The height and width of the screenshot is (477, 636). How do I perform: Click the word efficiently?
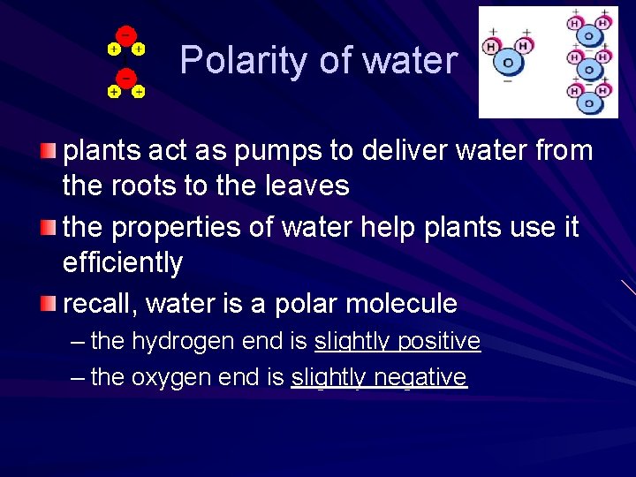123,262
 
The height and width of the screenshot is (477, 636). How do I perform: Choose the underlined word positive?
438,341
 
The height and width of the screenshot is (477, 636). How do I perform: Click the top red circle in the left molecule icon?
126,35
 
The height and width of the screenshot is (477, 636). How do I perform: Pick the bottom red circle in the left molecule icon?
126,78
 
